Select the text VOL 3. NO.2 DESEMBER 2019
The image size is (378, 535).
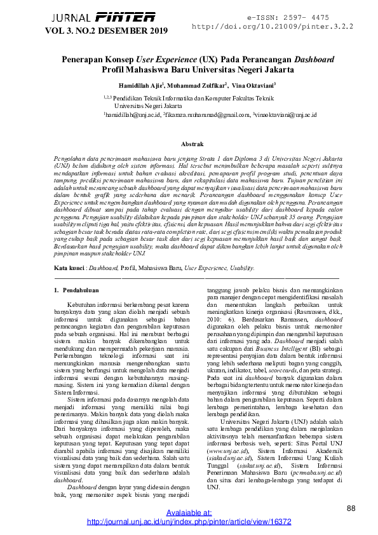[x=105, y=30]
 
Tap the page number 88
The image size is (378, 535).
[x=351, y=508]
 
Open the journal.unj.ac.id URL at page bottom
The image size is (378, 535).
[x=189, y=522]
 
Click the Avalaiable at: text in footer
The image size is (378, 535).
[x=189, y=513]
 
